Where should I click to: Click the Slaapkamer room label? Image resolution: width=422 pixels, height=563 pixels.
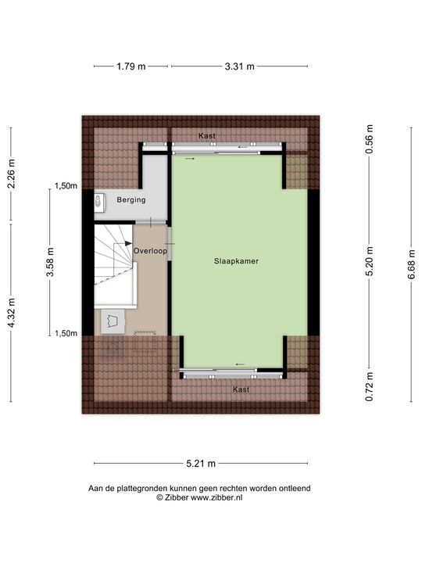coord(237,263)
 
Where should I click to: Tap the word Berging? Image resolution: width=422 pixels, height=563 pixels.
coord(131,200)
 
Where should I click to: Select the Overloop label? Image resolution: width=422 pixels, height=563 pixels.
coord(149,251)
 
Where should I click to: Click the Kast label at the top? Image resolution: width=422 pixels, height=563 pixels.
coord(207,136)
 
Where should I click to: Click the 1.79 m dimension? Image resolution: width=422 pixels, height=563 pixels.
coord(131,66)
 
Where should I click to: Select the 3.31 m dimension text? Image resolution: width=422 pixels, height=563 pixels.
coord(239,66)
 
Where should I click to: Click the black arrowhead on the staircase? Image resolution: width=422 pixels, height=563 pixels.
coord(127,244)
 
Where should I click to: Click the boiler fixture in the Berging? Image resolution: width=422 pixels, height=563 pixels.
coord(98,202)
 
